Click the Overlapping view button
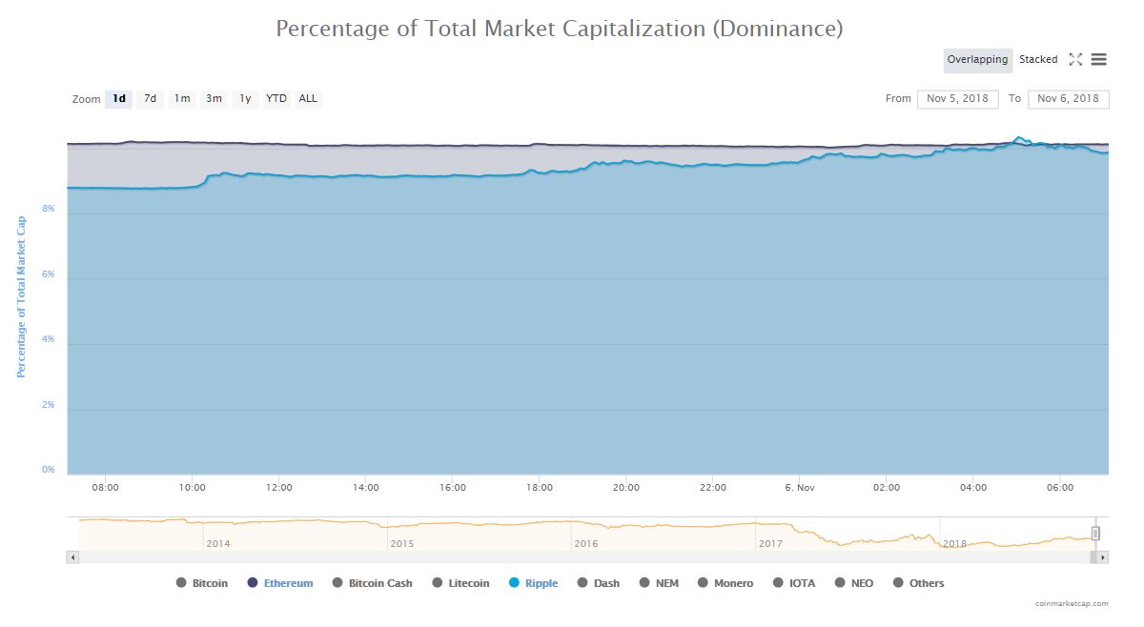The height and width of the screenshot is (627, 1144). (x=977, y=60)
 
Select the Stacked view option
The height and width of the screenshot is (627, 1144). (x=1038, y=60)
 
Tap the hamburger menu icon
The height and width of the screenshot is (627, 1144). (x=1099, y=60)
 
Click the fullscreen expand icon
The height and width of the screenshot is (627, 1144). (x=1075, y=60)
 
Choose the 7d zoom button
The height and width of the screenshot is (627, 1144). (x=150, y=98)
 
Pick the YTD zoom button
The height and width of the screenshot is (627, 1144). (x=276, y=98)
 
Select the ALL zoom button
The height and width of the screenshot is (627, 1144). (x=308, y=98)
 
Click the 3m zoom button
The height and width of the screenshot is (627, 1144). (x=214, y=98)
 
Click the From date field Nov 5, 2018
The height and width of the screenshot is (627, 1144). (x=958, y=98)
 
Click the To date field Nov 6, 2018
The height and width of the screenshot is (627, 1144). (x=1068, y=98)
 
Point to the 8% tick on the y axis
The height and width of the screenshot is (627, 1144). (x=48, y=209)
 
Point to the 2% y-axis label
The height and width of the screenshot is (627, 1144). (x=48, y=405)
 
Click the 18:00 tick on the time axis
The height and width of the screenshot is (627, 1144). (x=540, y=488)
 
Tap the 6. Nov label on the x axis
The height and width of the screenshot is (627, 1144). (x=799, y=488)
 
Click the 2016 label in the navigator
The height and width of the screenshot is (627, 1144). (x=586, y=544)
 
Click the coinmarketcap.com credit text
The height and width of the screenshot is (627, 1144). (x=1072, y=603)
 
